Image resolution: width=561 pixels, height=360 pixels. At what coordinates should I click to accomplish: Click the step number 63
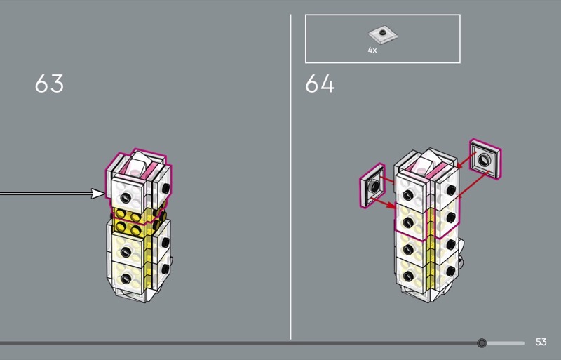(49, 84)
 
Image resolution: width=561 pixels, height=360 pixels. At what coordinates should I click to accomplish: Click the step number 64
(320, 84)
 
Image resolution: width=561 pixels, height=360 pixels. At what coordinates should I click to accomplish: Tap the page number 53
(541, 342)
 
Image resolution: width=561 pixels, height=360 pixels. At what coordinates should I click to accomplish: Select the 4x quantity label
(372, 50)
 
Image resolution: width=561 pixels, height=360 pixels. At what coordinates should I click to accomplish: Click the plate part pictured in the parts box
(383, 35)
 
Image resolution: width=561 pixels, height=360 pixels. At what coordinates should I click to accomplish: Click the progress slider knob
(482, 343)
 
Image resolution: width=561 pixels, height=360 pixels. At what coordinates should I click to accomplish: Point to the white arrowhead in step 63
(98, 194)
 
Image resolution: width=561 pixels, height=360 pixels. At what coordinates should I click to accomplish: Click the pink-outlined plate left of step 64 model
(372, 185)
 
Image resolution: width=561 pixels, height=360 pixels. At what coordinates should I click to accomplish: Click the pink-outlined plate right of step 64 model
(485, 159)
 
